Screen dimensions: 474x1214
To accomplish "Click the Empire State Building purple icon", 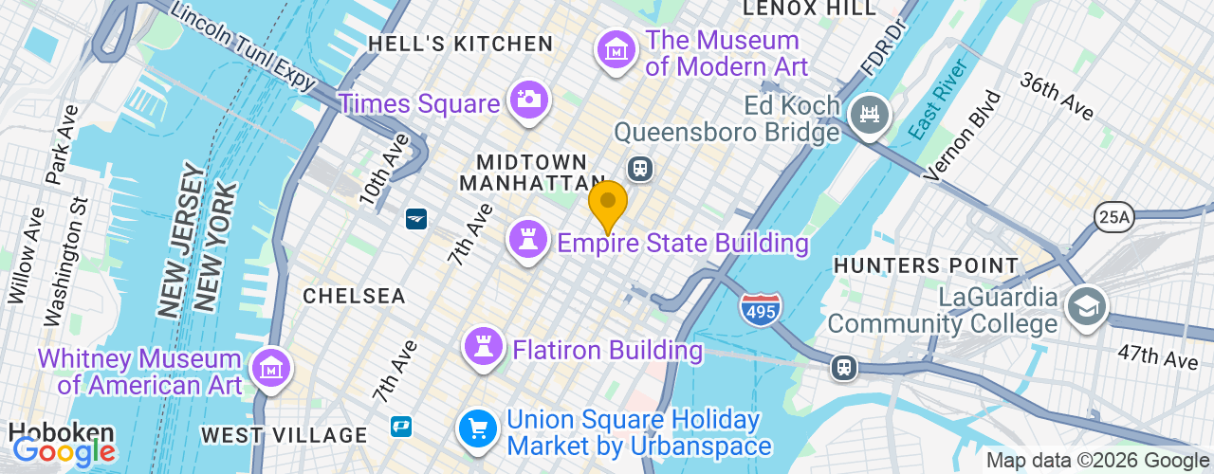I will pos(528,239).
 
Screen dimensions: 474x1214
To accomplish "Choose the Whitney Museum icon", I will pos(269,369).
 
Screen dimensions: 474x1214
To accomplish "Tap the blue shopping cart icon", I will pos(479,429).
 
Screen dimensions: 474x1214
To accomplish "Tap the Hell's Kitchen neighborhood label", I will pos(460,44).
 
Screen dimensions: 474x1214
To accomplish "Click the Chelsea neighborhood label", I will pos(354,296).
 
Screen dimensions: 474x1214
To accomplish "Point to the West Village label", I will pos(284,435).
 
